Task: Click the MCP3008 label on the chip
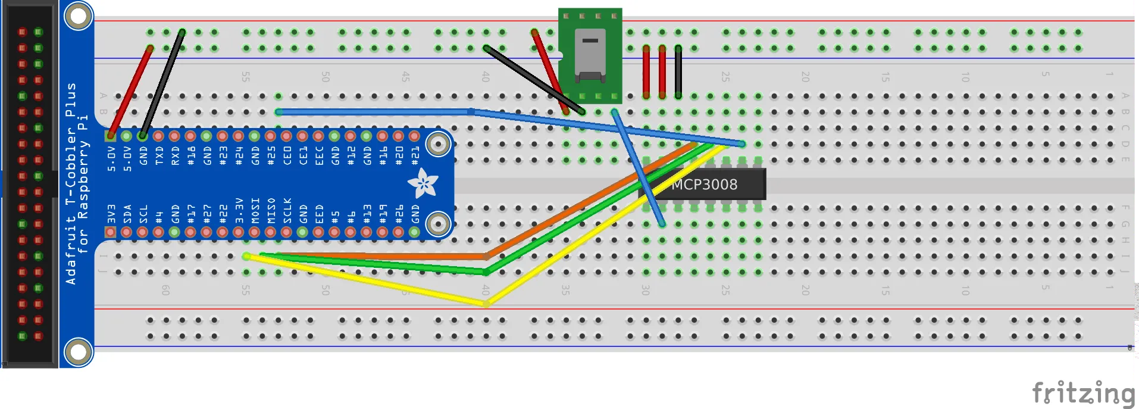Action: (704, 185)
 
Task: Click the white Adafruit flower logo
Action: (423, 183)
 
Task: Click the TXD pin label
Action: (159, 156)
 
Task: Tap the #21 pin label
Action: (415, 155)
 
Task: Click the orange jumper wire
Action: (589, 199)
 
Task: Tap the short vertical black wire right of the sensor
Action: (678, 71)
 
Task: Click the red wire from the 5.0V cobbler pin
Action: (130, 92)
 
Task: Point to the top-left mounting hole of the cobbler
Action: (78, 16)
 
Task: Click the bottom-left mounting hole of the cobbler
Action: (78, 352)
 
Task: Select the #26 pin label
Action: (399, 213)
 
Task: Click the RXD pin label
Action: (175, 156)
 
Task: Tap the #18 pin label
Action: (191, 155)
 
